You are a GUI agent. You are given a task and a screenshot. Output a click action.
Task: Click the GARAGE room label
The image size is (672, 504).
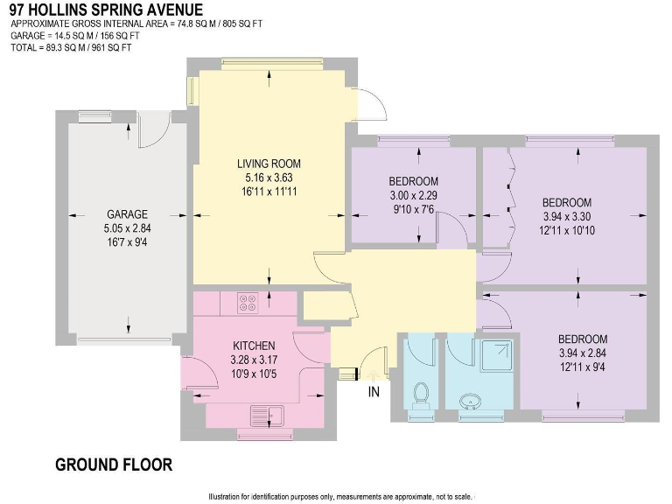click(128, 213)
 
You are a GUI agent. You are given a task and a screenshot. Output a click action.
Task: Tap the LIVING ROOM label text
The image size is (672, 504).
click(269, 163)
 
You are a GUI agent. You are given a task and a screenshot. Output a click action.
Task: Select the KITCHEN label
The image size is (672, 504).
click(254, 346)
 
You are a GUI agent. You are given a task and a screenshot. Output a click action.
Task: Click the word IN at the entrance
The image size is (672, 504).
click(374, 392)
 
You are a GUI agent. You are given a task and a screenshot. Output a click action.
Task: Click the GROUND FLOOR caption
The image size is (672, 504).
click(114, 464)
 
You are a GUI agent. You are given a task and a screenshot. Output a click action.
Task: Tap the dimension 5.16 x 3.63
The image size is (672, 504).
click(269, 177)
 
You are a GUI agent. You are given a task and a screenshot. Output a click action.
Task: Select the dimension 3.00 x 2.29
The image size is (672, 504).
click(413, 196)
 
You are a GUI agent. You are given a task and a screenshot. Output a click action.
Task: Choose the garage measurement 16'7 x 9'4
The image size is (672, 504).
click(128, 241)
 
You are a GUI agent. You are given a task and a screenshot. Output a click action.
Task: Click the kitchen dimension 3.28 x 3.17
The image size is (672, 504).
click(254, 360)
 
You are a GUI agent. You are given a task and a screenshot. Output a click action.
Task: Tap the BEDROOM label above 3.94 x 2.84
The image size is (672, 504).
click(583, 339)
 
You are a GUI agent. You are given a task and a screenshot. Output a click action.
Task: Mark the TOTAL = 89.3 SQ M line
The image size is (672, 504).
click(71, 47)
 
